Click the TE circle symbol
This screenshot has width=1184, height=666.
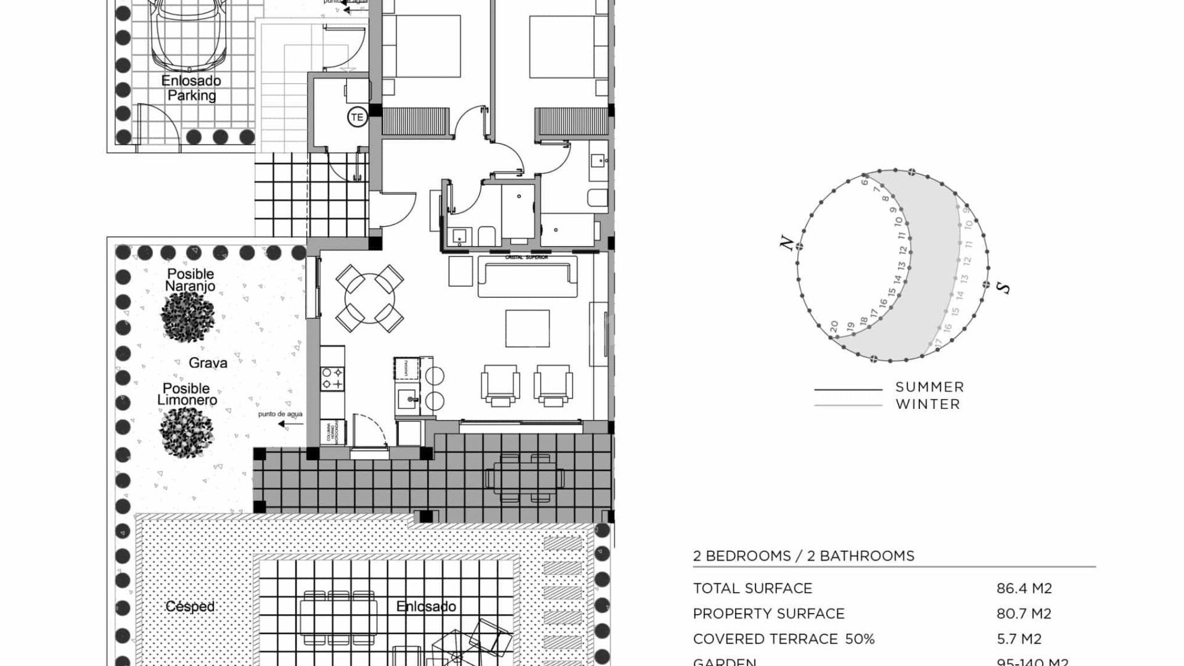click(x=357, y=117)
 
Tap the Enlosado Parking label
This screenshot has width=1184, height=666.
click(x=191, y=88)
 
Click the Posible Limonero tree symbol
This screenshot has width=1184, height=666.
click(x=186, y=432)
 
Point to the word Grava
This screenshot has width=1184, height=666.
click(x=208, y=363)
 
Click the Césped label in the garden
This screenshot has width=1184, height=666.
click(x=190, y=606)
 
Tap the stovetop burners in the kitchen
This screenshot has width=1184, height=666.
click(x=332, y=377)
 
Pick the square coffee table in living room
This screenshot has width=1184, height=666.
click(x=527, y=329)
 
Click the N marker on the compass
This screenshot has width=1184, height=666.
click(x=787, y=243)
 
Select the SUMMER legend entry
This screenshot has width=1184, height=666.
click(x=929, y=387)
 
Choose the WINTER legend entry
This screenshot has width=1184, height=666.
click(x=927, y=405)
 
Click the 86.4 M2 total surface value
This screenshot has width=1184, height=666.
click(x=1024, y=588)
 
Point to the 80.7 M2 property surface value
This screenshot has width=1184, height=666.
click(x=1024, y=614)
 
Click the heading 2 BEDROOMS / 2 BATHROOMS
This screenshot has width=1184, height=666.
click(x=804, y=556)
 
